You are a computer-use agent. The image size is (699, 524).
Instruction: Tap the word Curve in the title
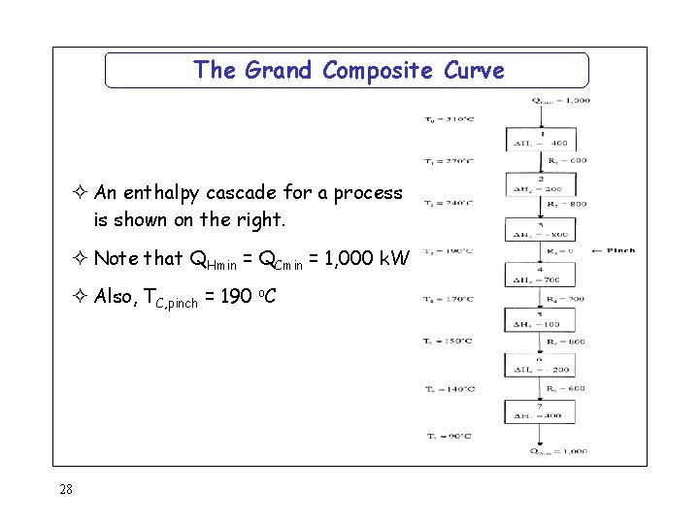pyautogui.click(x=475, y=70)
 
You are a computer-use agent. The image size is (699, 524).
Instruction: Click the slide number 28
pyautogui.click(x=66, y=489)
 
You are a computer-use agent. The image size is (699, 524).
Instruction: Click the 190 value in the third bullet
pyautogui.click(x=236, y=296)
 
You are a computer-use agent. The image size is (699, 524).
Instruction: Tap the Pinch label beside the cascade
pyautogui.click(x=615, y=250)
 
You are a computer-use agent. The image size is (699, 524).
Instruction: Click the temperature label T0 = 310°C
pyautogui.click(x=449, y=119)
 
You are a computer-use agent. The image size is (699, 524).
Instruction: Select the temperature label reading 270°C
pyautogui.click(x=449, y=161)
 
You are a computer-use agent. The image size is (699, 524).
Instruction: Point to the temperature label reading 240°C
pyautogui.click(x=449, y=204)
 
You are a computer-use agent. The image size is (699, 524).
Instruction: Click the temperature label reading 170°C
pyautogui.click(x=449, y=300)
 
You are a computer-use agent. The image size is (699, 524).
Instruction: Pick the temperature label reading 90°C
pyautogui.click(x=449, y=436)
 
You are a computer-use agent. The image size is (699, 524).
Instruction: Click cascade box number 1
pyautogui.click(x=541, y=140)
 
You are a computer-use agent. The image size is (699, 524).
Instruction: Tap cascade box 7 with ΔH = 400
pyautogui.click(x=541, y=412)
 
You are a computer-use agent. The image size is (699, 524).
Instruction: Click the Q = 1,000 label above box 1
pyautogui.click(x=560, y=100)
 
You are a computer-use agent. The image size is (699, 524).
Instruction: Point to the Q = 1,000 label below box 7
pyautogui.click(x=558, y=451)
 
